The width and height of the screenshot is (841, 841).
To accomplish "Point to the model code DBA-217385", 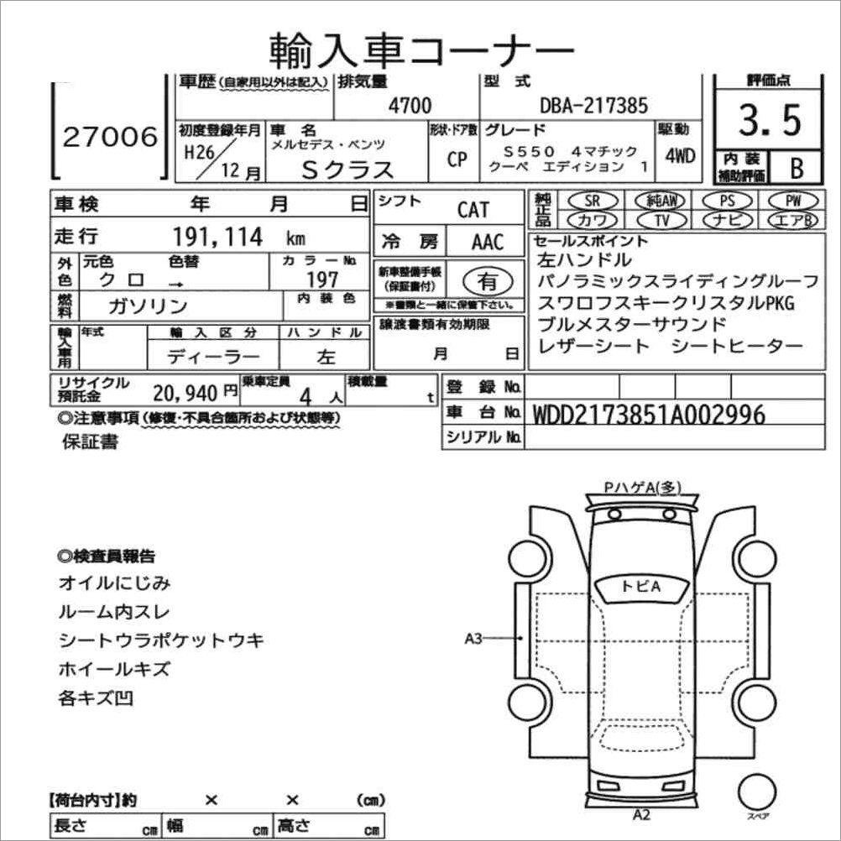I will [593, 105].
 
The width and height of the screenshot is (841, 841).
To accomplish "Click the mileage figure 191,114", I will [218, 237].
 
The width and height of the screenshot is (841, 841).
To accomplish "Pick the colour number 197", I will [323, 279].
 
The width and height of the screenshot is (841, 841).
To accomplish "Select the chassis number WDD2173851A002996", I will [649, 414].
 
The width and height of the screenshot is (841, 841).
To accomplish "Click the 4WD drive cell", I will [679, 156].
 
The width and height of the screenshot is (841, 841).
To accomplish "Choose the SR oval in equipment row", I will [593, 201].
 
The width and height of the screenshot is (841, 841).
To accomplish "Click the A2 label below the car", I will [641, 813].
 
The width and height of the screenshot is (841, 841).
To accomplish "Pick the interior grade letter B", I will [797, 167].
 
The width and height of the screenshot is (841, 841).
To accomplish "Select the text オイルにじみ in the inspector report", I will [114, 582].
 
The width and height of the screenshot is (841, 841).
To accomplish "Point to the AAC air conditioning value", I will [488, 242].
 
